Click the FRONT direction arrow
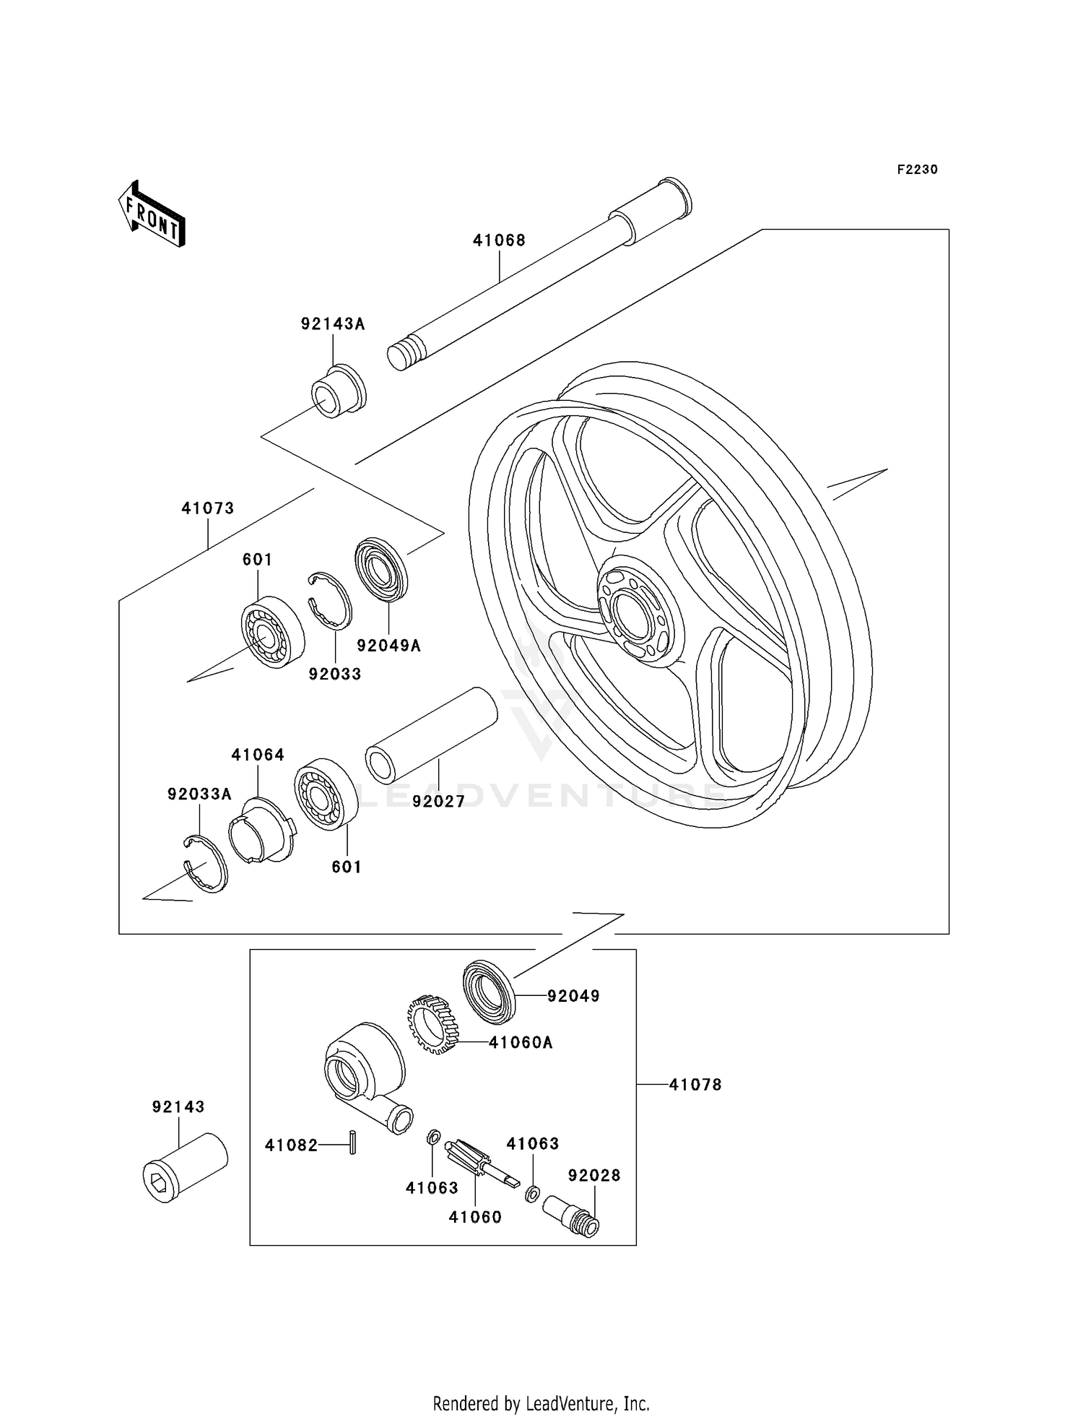[x=152, y=214]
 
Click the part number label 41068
[x=499, y=240]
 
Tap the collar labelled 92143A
[x=339, y=393]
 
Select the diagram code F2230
[x=917, y=170]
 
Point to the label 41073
[x=208, y=508]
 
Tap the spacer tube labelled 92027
[x=431, y=735]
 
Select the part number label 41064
[x=258, y=755]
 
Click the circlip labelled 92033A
[x=204, y=863]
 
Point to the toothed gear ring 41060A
[x=434, y=1024]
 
